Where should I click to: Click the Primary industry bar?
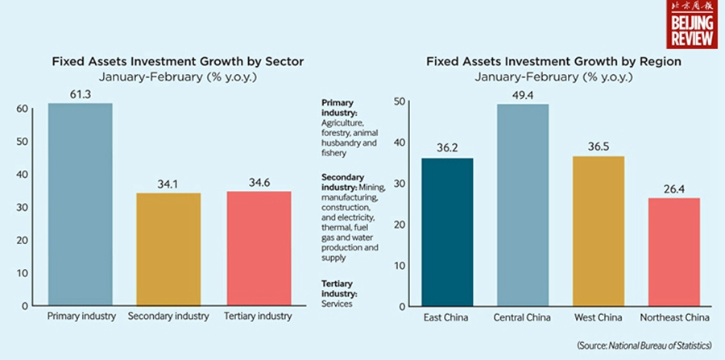coord(81,205)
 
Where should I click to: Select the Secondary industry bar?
coord(168,250)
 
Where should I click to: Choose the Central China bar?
coord(521,205)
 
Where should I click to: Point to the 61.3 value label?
coord(81,95)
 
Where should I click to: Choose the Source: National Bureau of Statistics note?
coord(644,345)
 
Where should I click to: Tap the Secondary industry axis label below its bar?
coord(168,317)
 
